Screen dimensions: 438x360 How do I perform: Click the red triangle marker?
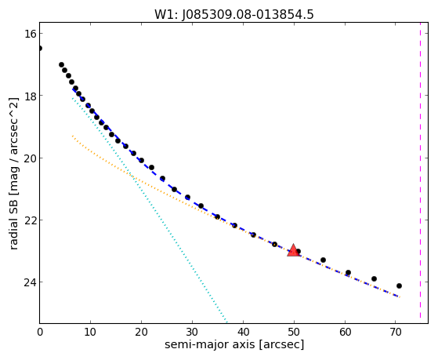(x=293, y=250)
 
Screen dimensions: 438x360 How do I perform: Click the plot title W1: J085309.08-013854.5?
(x=234, y=15)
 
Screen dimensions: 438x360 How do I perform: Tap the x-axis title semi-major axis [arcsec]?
(x=234, y=344)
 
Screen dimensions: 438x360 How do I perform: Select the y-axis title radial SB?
(x=14, y=221)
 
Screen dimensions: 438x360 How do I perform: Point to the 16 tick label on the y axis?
(x=30, y=34)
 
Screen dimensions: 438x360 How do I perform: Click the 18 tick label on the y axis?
(x=30, y=96)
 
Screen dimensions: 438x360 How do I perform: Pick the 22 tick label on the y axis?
(x=30, y=220)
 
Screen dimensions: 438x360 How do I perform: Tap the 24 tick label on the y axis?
(x=30, y=282)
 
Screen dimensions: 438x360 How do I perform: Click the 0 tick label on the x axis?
(x=40, y=332)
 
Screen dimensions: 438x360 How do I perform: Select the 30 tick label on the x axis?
(x=192, y=332)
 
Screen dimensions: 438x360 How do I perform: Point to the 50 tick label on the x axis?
(x=294, y=332)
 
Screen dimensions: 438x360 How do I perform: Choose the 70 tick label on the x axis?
(x=396, y=332)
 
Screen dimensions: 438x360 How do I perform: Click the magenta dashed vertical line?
(x=420, y=173)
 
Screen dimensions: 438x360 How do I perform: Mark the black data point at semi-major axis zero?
(x=40, y=49)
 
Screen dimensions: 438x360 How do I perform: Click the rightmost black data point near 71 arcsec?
(x=399, y=285)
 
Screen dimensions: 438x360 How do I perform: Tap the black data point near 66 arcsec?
(x=374, y=278)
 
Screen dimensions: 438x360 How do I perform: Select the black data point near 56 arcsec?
(x=323, y=260)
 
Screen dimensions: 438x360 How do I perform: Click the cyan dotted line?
(x=150, y=209)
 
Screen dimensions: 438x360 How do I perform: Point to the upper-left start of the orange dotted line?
(x=72, y=136)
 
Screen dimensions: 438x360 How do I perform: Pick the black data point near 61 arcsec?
(x=348, y=272)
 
